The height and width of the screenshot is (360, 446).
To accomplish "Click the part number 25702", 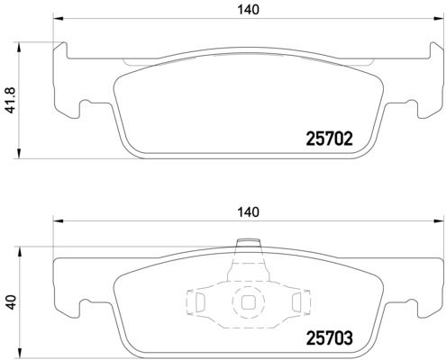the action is [x=329, y=139].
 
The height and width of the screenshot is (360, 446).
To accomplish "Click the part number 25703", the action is [x=329, y=338].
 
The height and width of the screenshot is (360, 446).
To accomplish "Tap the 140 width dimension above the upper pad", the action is [x=248, y=10].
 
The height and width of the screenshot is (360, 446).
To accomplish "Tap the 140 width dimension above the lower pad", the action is [x=248, y=212].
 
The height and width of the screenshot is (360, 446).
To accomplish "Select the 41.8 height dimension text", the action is [x=11, y=100].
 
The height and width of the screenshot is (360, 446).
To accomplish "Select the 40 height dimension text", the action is [x=11, y=302].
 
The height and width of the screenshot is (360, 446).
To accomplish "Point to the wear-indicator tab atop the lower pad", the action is [x=248, y=243].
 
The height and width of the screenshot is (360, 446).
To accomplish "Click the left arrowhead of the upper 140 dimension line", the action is [x=58, y=18].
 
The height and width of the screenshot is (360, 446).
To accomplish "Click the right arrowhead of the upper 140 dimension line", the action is [x=438, y=18].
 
